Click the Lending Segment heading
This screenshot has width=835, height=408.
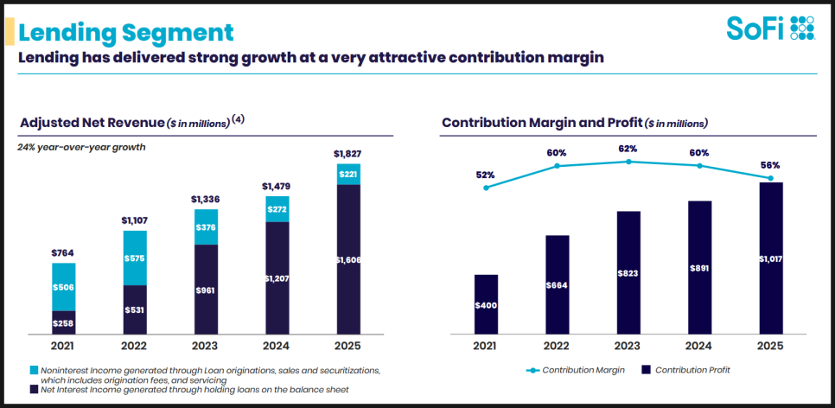(125, 32)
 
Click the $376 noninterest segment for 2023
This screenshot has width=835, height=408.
(206, 227)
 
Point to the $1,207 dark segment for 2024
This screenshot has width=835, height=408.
(277, 278)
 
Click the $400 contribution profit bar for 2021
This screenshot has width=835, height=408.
(486, 304)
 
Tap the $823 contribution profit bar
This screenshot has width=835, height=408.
(628, 272)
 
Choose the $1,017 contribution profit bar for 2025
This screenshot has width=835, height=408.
(770, 258)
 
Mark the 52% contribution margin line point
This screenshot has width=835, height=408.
(486, 188)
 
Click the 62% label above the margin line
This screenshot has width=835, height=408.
(628, 148)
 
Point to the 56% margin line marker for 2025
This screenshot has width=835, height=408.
(770, 179)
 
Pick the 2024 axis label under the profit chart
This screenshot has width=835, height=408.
(699, 346)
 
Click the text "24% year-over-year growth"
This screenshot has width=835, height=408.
(81, 147)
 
